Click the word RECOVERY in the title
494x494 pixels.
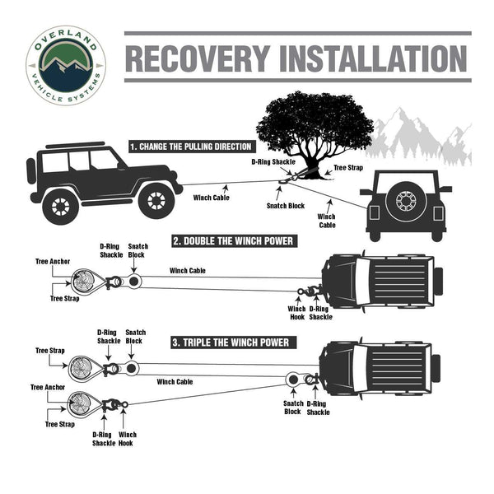tap(197, 58)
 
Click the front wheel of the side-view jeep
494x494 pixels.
tap(156, 200)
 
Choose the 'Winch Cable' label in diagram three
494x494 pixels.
tap(175, 382)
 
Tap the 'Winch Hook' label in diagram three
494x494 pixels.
tap(128, 438)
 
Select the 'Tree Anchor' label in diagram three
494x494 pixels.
tap(47, 386)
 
